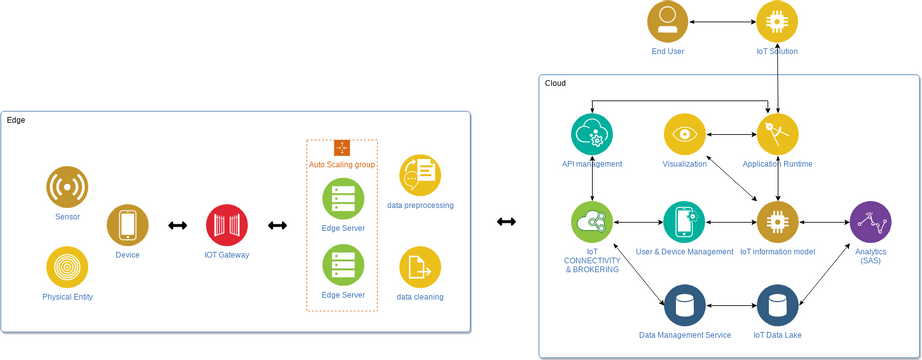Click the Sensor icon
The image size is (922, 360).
(67, 187)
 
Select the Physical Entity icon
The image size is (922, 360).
(67, 267)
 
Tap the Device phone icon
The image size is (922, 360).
(127, 225)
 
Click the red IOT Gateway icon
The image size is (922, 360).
(226, 225)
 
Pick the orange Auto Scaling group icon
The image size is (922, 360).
(341, 148)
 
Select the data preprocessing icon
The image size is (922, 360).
(420, 175)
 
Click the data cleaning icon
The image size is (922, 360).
(420, 267)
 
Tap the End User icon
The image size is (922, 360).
(667, 21)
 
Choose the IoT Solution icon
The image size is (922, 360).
(777, 21)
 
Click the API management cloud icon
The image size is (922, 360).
(592, 134)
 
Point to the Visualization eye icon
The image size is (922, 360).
(685, 134)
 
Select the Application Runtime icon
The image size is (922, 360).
(777, 134)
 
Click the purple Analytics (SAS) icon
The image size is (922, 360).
(870, 222)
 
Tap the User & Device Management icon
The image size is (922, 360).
(684, 222)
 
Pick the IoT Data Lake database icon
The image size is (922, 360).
(777, 306)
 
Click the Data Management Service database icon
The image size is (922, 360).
(685, 306)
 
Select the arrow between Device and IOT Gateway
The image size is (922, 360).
(177, 225)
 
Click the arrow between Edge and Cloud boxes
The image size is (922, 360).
(506, 221)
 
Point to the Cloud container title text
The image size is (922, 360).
(555, 83)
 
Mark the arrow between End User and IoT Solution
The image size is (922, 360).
(722, 21)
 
